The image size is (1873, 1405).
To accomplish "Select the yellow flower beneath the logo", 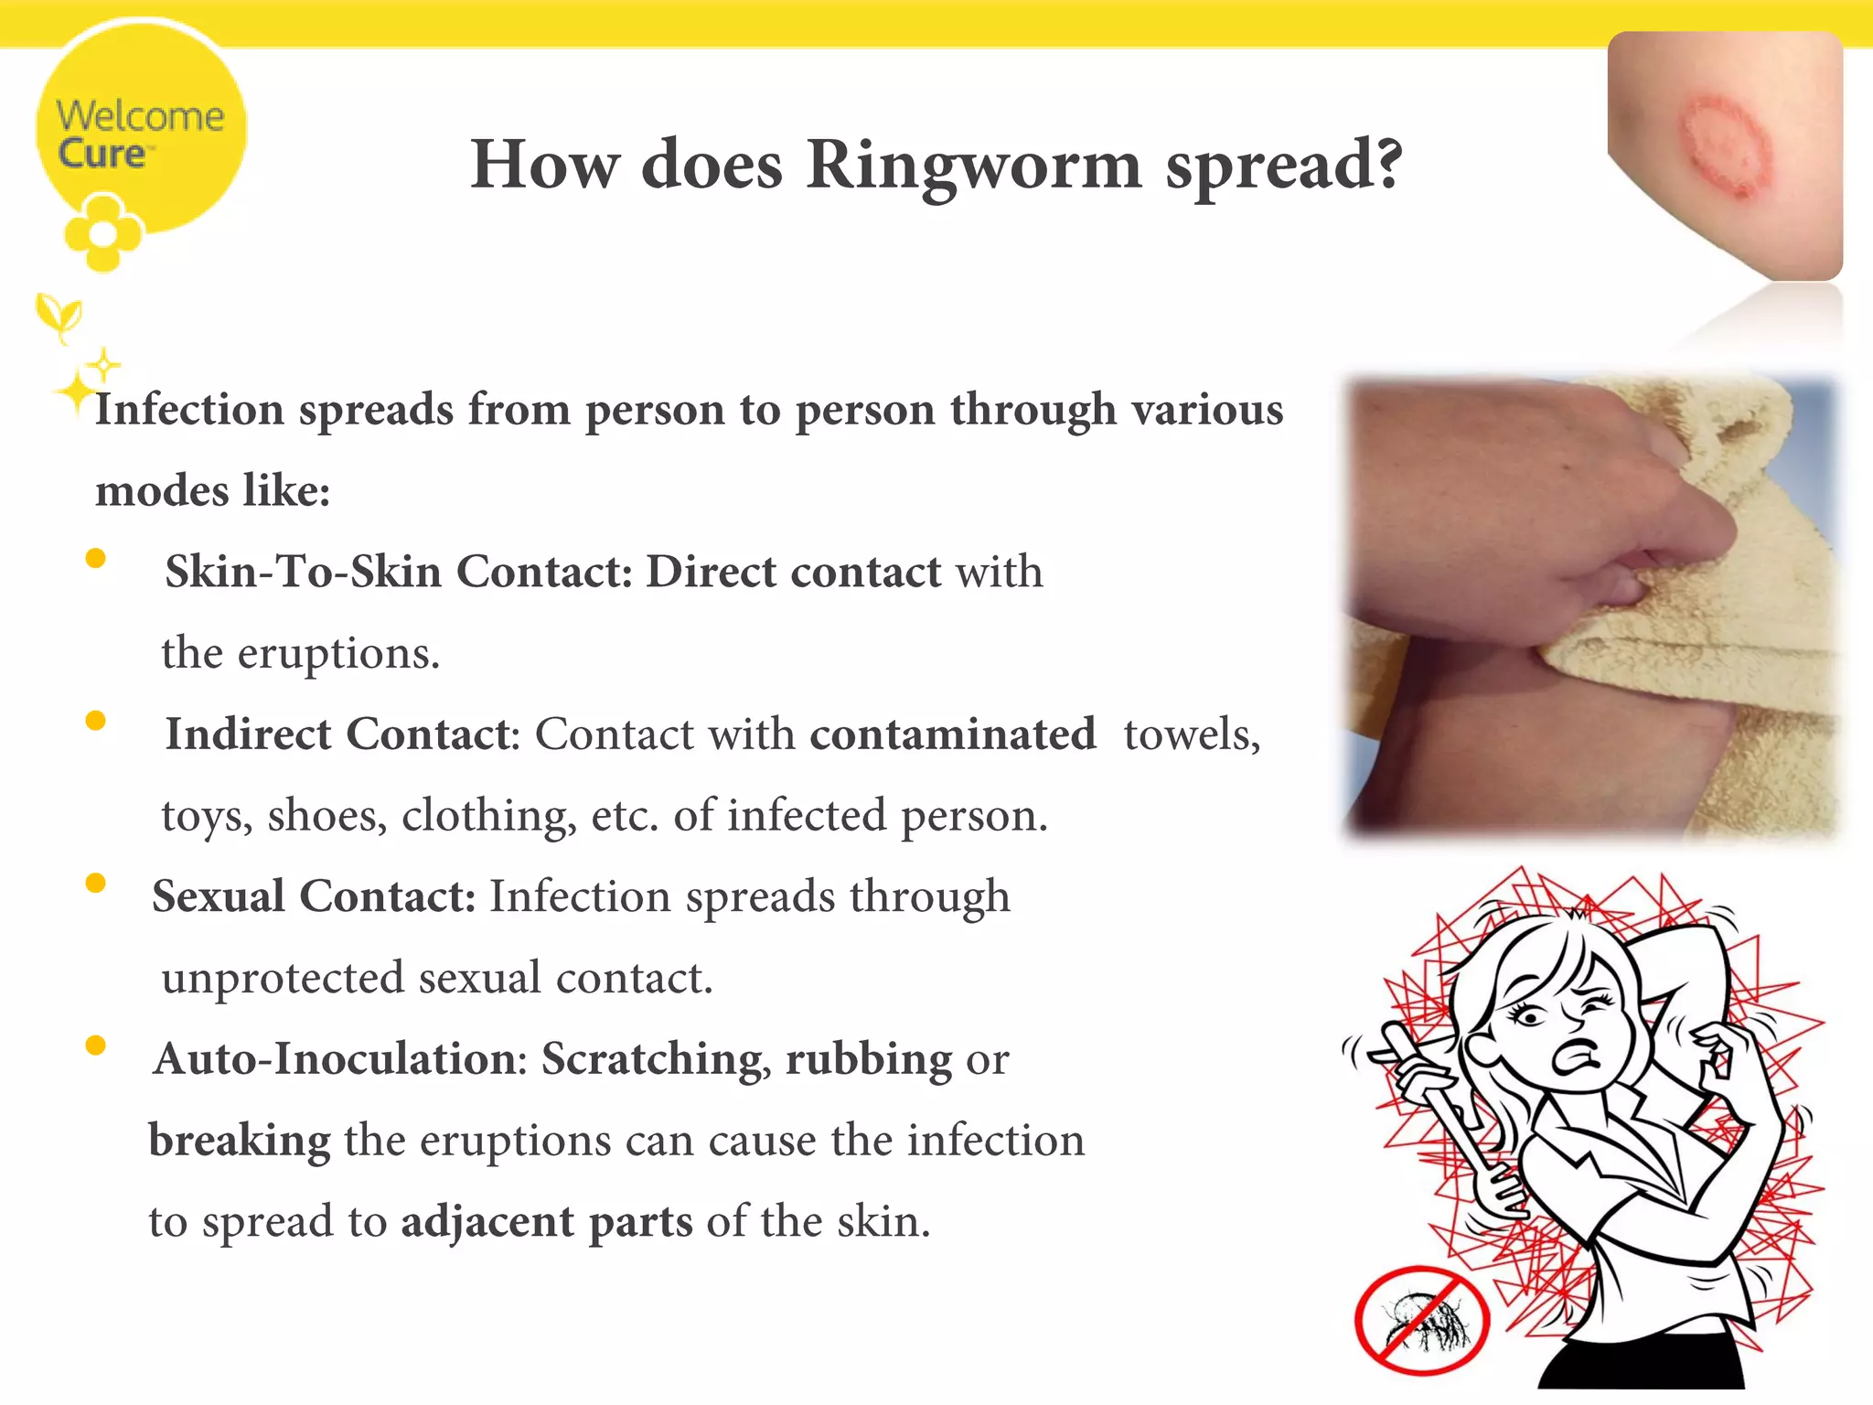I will [x=102, y=233].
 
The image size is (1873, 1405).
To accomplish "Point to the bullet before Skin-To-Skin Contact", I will [x=95, y=558].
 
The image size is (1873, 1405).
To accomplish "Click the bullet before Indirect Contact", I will [x=95, y=721].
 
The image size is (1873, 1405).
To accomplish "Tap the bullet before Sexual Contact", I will [x=95, y=883].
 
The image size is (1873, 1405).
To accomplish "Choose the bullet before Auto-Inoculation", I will [x=95, y=1046].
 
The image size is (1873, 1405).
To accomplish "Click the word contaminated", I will [x=952, y=734].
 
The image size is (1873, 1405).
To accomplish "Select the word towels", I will [x=1191, y=734].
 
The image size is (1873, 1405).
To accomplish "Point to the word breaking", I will [x=240, y=1141].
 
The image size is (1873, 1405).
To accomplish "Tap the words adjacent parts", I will [x=546, y=1222].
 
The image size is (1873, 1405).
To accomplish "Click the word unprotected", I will [x=283, y=978].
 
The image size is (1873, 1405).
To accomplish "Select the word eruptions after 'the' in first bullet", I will [x=338, y=654].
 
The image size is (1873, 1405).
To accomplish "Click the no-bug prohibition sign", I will [x=1421, y=1320].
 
